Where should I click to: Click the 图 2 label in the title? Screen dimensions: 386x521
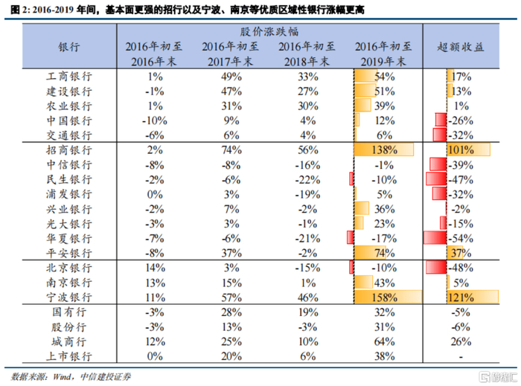16,8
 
